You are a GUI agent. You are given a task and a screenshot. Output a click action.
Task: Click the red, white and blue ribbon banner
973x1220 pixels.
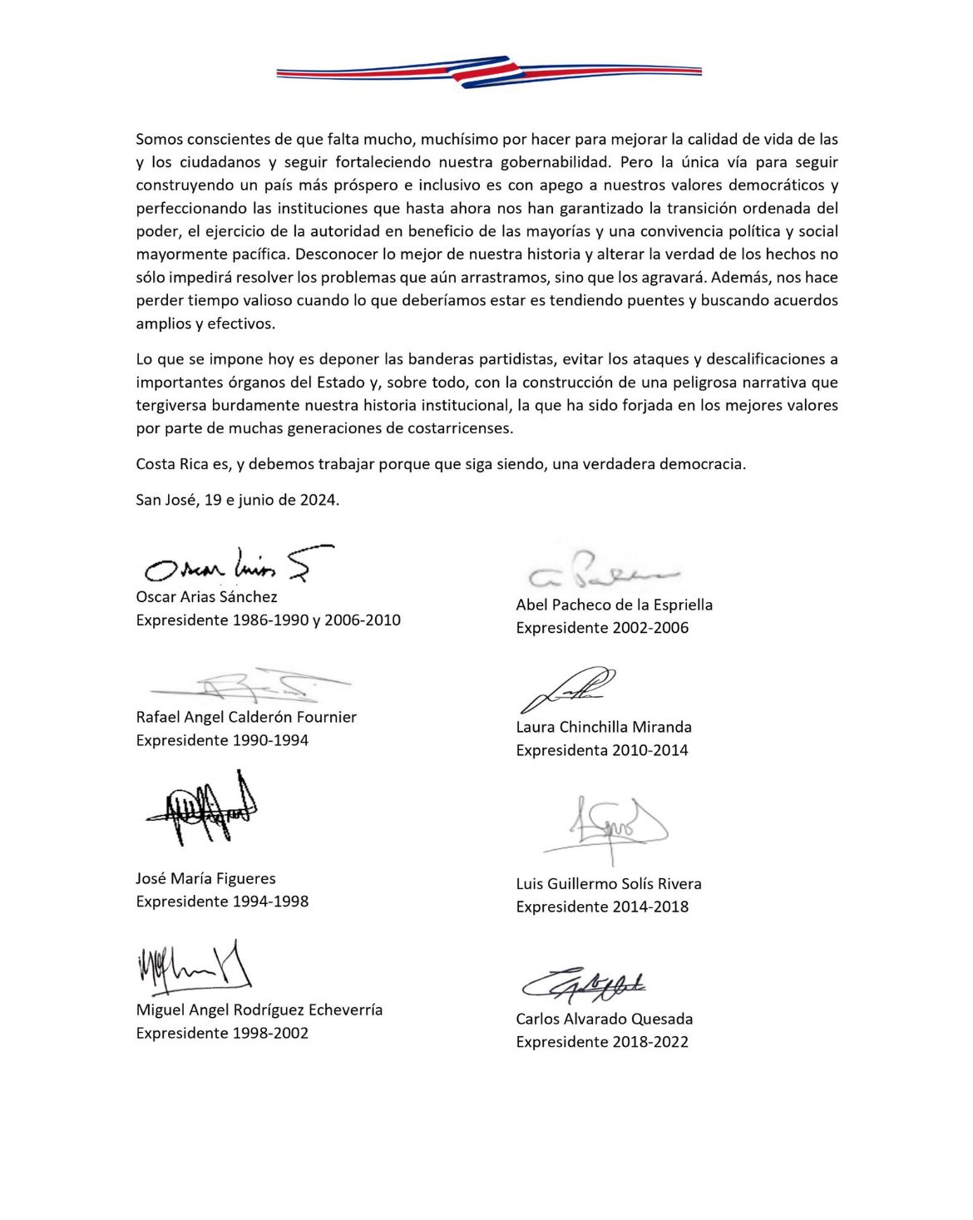pyautogui.click(x=489, y=72)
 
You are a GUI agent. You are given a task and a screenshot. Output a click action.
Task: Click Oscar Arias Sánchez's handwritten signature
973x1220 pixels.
pyautogui.click(x=238, y=565)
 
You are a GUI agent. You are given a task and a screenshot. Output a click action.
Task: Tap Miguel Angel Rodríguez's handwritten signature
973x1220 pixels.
pyautogui.click(x=194, y=967)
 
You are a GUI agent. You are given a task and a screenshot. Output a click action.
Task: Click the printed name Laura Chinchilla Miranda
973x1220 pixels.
pyautogui.click(x=604, y=727)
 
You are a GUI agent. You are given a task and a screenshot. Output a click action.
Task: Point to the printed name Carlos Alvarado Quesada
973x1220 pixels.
pyautogui.click(x=604, y=1019)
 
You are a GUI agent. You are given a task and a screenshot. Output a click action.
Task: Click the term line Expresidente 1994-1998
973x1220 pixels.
pyautogui.click(x=222, y=901)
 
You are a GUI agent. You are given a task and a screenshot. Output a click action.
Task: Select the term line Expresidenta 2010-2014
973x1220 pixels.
pyautogui.click(x=602, y=750)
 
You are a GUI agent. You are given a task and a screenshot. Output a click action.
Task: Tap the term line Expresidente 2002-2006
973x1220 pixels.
pyautogui.click(x=602, y=628)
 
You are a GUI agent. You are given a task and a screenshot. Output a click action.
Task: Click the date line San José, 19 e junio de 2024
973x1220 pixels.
pyautogui.click(x=238, y=500)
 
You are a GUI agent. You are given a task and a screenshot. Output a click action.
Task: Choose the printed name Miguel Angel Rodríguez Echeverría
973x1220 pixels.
pyautogui.click(x=259, y=1010)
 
